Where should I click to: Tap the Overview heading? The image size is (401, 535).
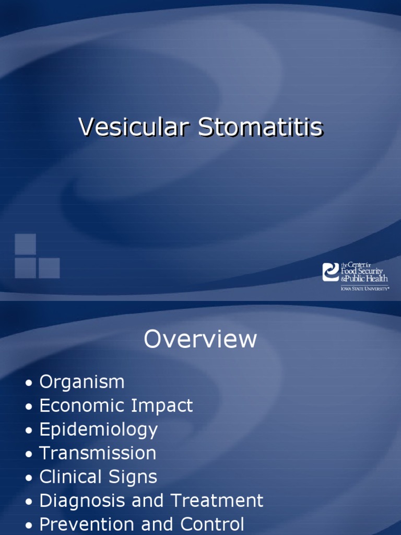tap(200, 340)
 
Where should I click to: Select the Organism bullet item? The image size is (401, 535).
tap(82, 382)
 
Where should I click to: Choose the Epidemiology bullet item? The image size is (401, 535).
tap(98, 430)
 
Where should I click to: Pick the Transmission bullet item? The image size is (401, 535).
tap(98, 453)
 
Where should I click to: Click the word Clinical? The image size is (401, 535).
tap(70, 477)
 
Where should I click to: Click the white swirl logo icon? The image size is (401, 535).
tap(331, 272)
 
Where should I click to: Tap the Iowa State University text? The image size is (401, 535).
tap(364, 287)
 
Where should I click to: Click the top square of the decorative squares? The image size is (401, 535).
tap(25, 244)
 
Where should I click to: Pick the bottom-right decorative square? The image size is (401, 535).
tap(49, 268)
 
